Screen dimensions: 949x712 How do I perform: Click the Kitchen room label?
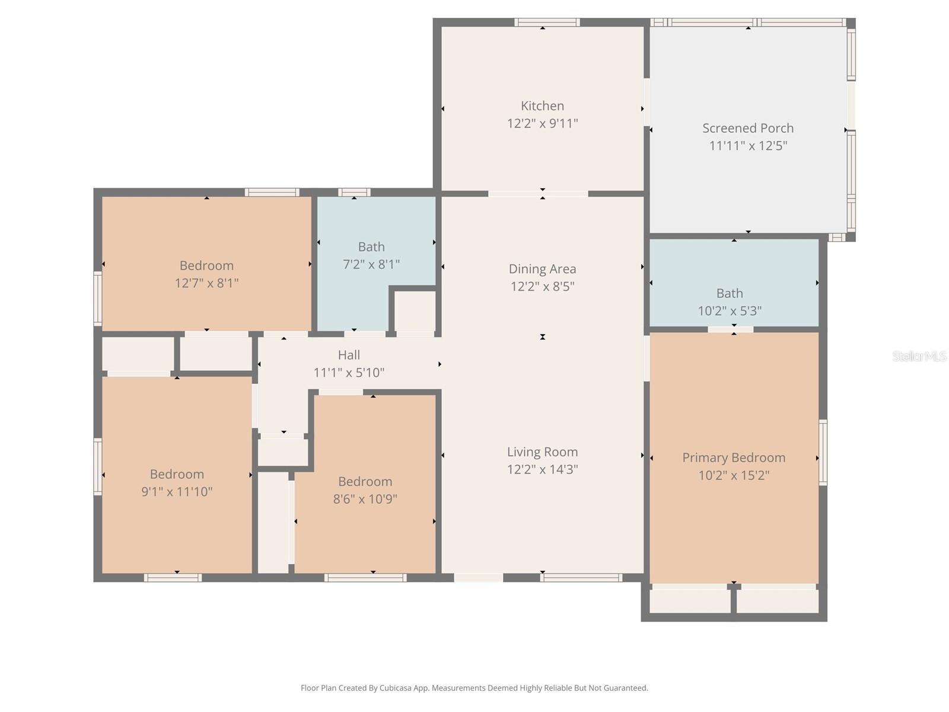point(542,106)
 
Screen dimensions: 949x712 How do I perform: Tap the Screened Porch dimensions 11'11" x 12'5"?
point(748,146)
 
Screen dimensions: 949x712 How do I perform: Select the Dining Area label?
point(542,269)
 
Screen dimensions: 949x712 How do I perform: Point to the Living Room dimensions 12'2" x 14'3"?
point(542,469)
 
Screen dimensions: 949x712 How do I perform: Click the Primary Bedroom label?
point(734,457)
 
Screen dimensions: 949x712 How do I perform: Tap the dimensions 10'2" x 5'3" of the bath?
point(730,311)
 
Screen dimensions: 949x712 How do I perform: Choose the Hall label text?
point(349,355)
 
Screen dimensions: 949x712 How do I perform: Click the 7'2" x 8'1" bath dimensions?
point(371,264)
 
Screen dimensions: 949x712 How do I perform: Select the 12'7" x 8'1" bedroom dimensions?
point(206,283)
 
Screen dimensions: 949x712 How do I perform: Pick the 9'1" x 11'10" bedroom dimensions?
point(177,491)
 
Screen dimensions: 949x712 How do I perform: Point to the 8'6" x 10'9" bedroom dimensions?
point(365,499)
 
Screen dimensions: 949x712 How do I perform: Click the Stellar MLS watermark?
point(919,356)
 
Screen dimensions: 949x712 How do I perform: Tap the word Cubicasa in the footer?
point(395,688)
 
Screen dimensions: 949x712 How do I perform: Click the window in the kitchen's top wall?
point(546,23)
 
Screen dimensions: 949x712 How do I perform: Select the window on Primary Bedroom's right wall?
point(823,452)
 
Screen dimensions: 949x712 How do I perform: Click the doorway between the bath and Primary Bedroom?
point(731,329)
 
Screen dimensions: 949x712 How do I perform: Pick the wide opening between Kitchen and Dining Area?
point(539,193)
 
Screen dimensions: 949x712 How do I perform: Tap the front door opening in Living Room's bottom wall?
point(479,577)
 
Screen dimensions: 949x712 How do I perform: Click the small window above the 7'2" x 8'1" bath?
point(354,192)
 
